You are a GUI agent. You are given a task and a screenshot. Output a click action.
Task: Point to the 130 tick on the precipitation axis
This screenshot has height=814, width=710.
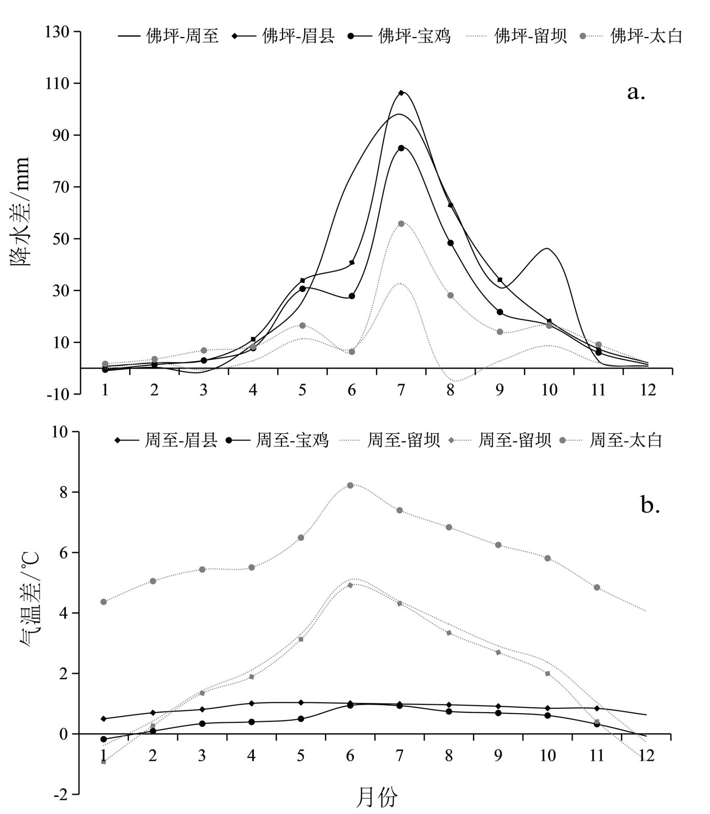(57, 32)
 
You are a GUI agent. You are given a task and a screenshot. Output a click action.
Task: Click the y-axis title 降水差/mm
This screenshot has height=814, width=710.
(20, 212)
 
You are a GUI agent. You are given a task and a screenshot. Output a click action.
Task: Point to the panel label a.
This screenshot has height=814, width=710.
(636, 93)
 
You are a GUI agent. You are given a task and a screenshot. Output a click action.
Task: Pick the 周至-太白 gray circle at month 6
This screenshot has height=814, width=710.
(350, 485)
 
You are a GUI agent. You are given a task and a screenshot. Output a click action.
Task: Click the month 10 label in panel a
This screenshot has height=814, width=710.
(549, 390)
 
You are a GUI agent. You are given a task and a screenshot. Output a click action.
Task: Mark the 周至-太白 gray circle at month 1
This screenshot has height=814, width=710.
(104, 602)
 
